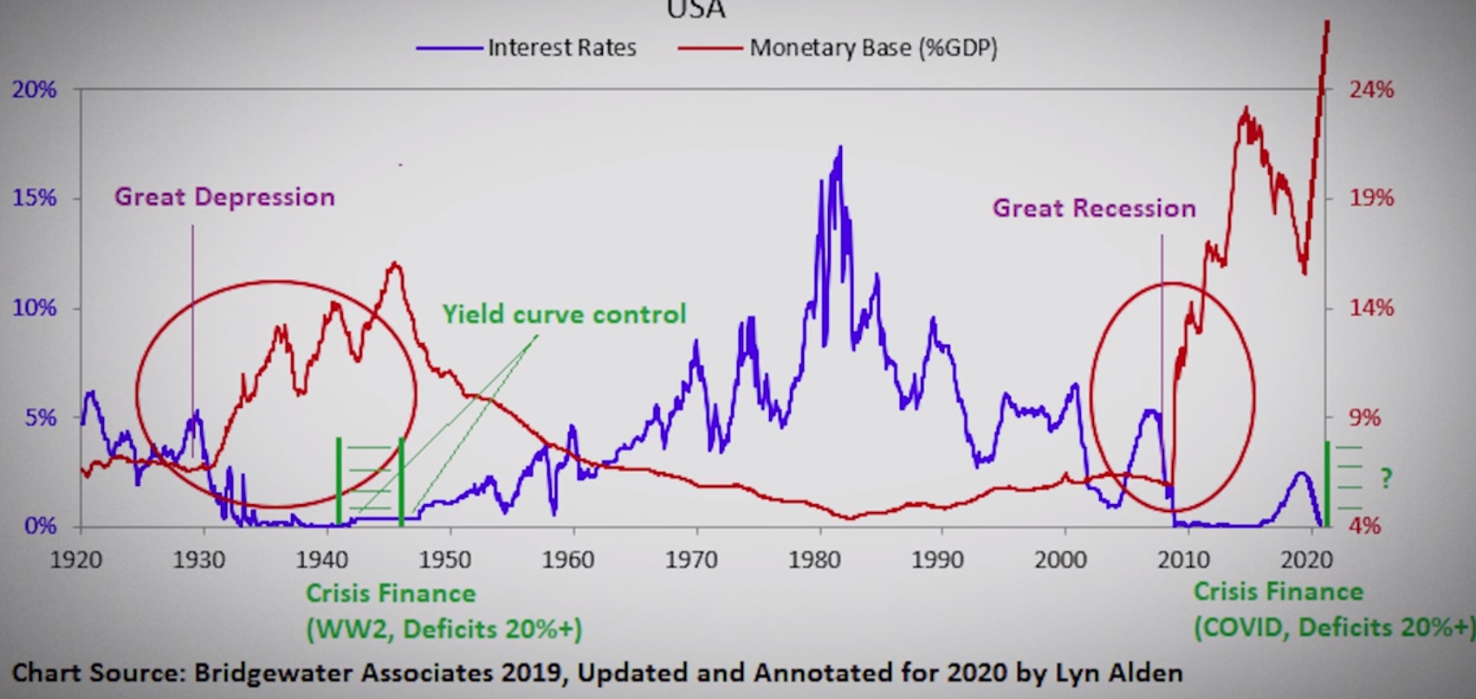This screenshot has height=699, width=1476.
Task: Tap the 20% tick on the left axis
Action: [34, 89]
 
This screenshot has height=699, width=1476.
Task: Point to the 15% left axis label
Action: [34, 198]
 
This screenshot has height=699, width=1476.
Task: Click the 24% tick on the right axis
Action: [1371, 89]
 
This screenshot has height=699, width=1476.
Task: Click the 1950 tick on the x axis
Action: [445, 560]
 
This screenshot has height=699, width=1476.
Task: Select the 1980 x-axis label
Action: [814, 560]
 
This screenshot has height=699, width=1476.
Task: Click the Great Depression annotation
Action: [224, 197]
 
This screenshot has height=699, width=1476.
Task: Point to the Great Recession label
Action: [1094, 209]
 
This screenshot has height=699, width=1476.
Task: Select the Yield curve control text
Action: [564, 314]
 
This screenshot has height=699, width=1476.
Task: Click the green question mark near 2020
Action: [1386, 478]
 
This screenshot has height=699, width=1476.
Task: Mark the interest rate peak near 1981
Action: [839, 149]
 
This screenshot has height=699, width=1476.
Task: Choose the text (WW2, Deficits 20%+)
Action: [443, 629]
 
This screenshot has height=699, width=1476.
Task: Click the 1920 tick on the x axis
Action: [76, 560]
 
